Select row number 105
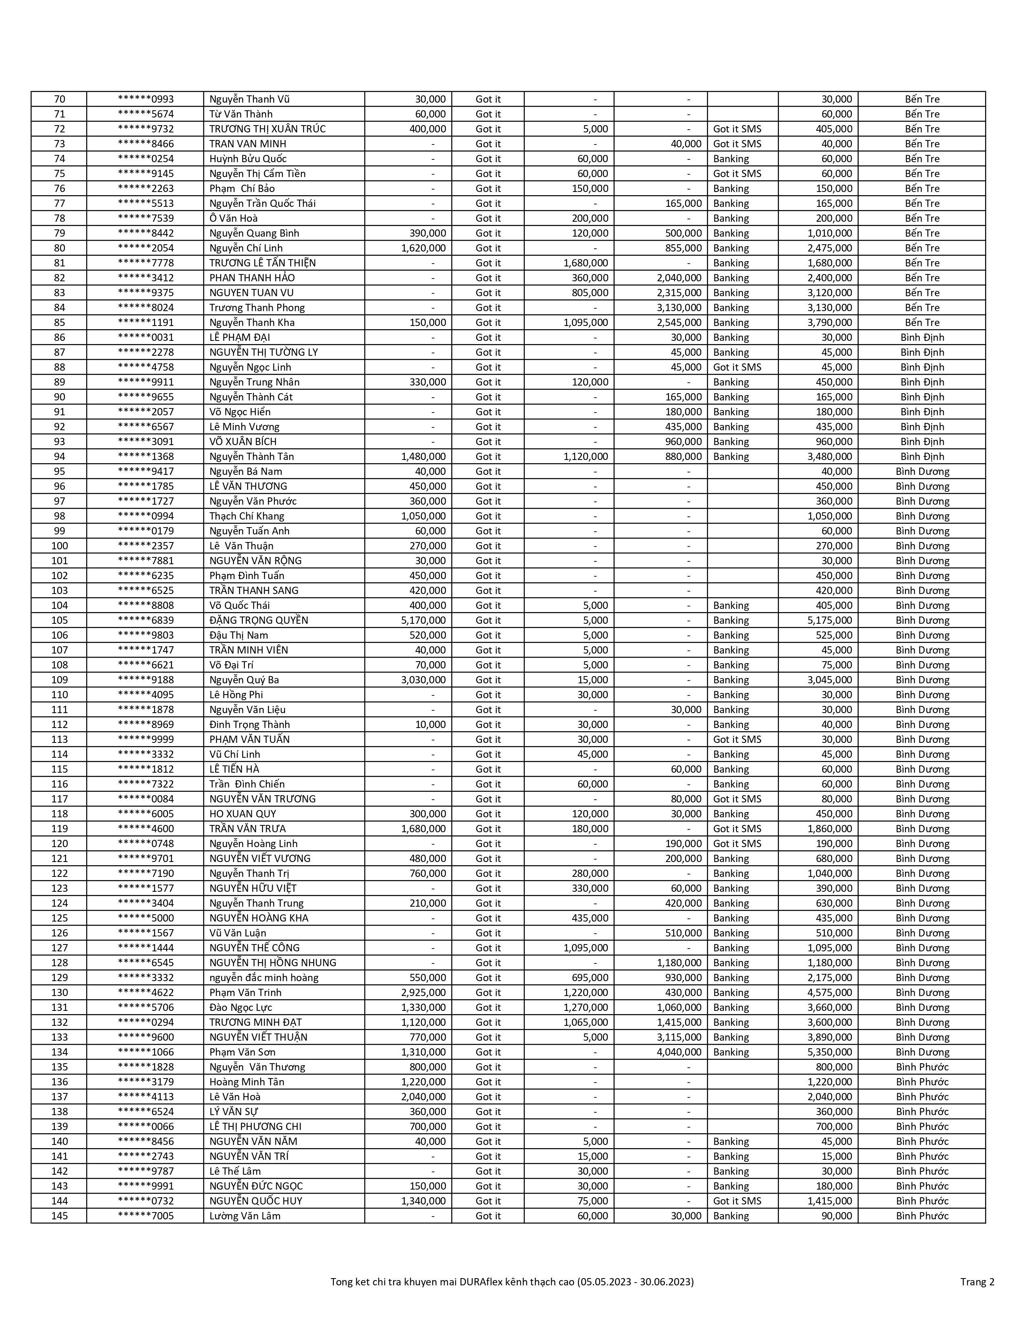(59, 620)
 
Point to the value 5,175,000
(830, 620)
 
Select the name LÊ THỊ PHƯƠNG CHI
(255, 1126)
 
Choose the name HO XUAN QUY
(243, 814)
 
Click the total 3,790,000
(830, 322)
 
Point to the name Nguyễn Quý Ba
(244, 680)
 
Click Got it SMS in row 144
(737, 1201)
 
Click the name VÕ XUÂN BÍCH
(243, 441)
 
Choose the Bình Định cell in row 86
(922, 338)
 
